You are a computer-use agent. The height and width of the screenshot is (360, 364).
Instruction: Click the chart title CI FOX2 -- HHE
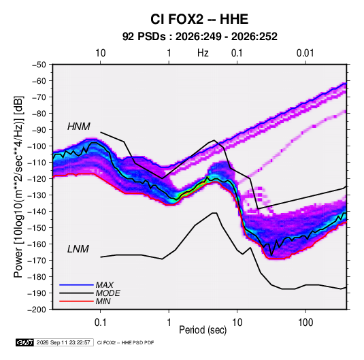click(x=199, y=19)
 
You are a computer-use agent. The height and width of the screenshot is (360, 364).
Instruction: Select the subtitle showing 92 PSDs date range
click(x=199, y=37)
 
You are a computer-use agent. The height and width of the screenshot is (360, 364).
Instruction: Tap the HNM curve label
click(x=79, y=127)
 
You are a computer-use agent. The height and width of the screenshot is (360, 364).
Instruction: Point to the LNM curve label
click(x=78, y=249)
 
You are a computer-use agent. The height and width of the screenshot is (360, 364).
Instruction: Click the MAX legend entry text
click(x=105, y=284)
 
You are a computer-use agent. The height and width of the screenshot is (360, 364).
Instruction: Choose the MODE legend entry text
click(x=107, y=293)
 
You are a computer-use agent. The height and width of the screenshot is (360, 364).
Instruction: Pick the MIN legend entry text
click(x=103, y=301)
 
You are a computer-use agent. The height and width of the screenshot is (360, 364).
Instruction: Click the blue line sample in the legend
click(x=76, y=284)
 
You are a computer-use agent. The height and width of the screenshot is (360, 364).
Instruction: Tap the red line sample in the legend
click(x=76, y=301)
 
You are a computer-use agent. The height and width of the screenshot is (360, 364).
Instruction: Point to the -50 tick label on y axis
click(x=39, y=65)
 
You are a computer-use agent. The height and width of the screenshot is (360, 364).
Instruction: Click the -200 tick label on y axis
click(x=37, y=310)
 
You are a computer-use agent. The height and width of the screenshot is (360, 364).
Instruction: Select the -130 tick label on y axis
click(x=37, y=195)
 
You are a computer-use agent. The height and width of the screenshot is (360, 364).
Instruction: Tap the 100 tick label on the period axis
click(x=305, y=323)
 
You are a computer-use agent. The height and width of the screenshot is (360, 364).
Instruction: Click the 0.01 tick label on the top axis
click(x=305, y=53)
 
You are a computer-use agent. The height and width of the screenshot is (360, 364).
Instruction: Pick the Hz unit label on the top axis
click(x=203, y=53)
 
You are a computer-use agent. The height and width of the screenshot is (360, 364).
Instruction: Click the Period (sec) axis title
click(x=203, y=330)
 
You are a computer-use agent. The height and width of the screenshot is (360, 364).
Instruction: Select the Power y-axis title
click(x=18, y=186)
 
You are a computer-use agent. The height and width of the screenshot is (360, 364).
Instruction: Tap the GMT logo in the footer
click(x=25, y=342)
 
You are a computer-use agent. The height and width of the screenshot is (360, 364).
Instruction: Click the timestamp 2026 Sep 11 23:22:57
click(x=63, y=342)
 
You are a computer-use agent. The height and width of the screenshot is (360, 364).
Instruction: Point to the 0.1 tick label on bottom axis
click(x=100, y=323)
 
